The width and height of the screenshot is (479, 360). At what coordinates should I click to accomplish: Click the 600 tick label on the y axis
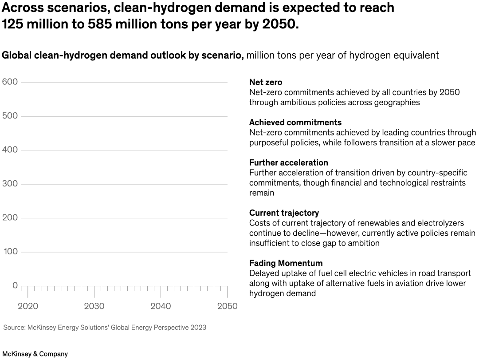click(9, 82)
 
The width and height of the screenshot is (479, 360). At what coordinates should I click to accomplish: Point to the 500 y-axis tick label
click(9, 116)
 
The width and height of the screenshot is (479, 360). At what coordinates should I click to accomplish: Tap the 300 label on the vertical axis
click(9, 184)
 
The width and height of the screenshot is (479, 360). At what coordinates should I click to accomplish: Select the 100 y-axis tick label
click(9, 252)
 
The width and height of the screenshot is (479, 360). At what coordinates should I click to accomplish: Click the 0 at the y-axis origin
click(15, 285)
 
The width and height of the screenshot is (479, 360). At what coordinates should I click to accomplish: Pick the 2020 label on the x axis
click(28, 306)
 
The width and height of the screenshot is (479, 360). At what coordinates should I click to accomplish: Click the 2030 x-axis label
click(94, 306)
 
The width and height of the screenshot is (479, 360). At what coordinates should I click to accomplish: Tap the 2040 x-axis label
click(161, 306)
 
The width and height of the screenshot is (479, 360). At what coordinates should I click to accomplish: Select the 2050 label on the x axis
click(227, 306)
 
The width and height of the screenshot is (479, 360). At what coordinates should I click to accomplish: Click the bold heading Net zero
click(266, 82)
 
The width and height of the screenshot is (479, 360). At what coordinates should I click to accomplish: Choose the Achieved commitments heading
click(295, 123)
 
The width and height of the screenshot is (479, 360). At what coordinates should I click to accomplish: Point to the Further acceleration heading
click(288, 162)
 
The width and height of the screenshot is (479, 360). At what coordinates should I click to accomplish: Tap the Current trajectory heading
click(284, 213)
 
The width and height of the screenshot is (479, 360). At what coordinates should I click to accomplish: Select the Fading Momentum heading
click(286, 263)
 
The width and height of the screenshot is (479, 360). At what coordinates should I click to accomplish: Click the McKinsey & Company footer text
click(35, 354)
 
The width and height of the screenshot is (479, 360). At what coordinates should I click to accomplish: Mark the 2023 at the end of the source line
click(198, 328)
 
